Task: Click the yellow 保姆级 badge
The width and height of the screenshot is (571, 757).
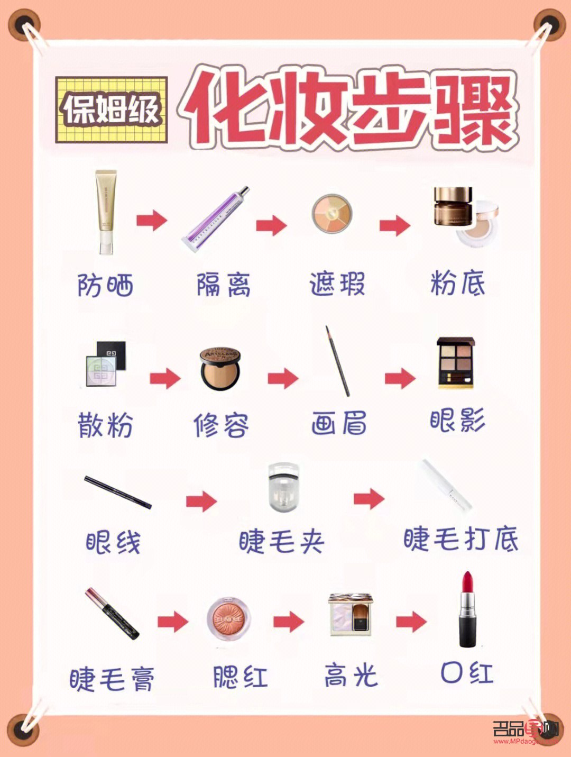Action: tap(112, 110)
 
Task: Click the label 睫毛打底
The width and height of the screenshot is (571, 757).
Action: tap(461, 540)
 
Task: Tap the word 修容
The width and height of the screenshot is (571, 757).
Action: tap(220, 425)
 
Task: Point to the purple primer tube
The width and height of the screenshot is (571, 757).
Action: tap(215, 218)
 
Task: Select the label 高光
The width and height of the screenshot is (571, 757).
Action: tap(351, 676)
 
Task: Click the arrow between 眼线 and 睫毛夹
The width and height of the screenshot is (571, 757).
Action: tap(201, 500)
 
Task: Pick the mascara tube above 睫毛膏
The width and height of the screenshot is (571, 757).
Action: tap(112, 614)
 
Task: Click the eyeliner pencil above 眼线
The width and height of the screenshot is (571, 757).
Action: tap(118, 492)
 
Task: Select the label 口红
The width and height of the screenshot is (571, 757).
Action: tap(467, 673)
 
